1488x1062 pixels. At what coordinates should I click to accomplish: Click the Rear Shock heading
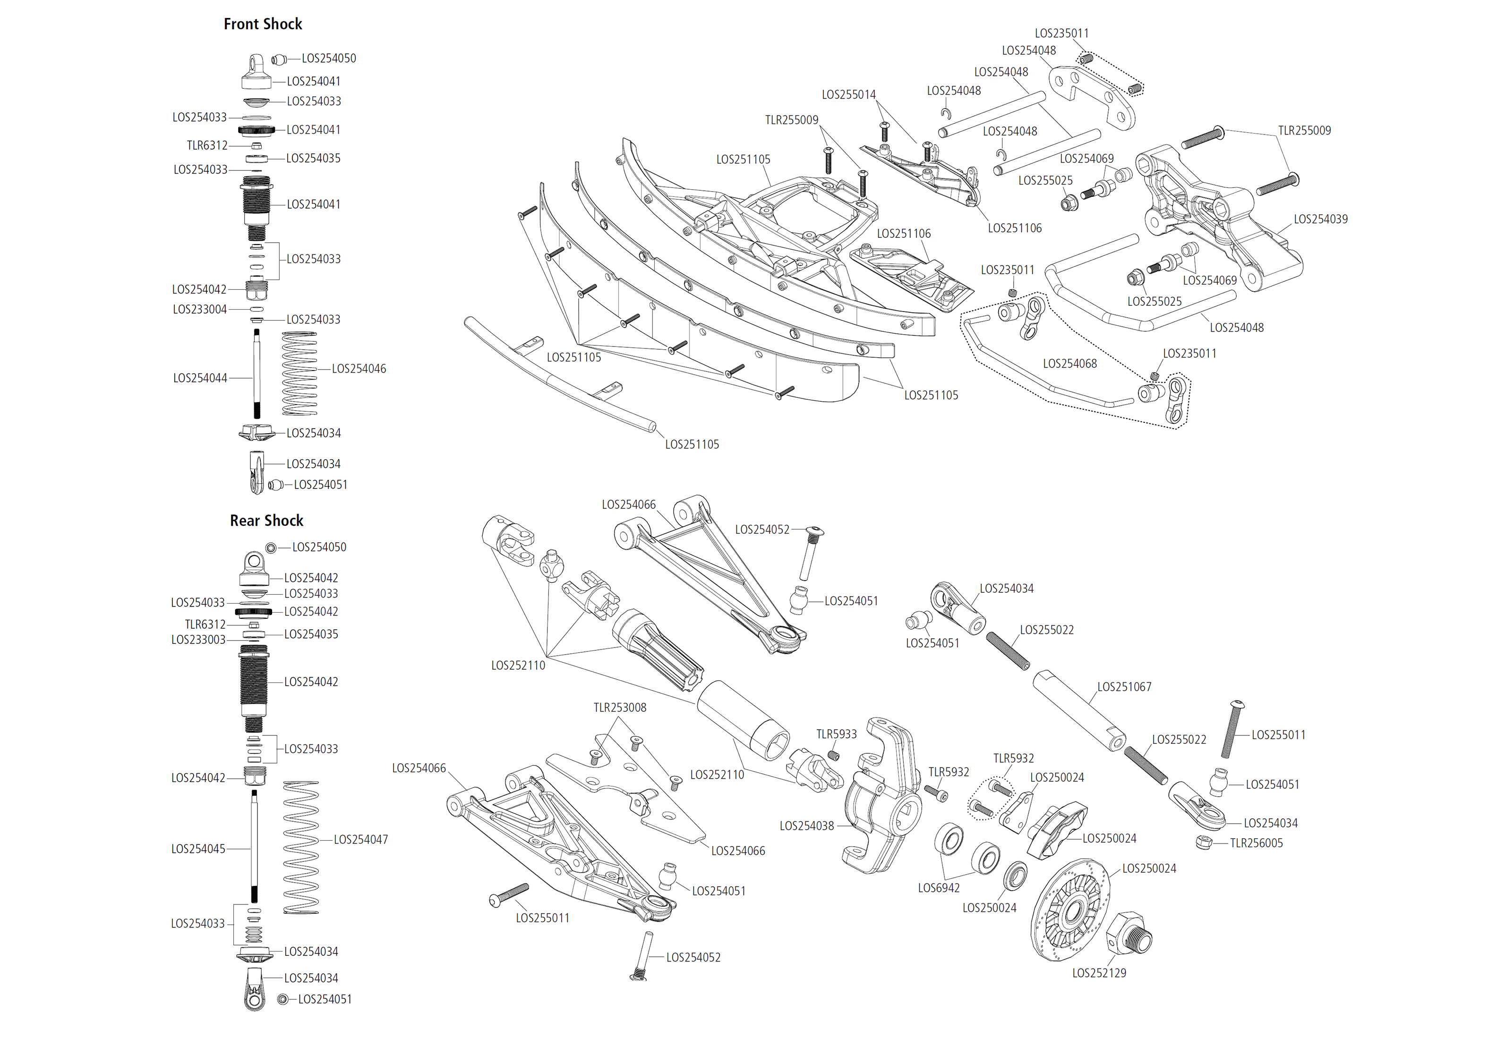point(266,521)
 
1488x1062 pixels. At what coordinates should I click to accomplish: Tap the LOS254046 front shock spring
point(299,373)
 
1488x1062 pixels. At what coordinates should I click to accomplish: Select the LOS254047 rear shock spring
point(301,847)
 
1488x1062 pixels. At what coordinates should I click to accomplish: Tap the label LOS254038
point(806,826)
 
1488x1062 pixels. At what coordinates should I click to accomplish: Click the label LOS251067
point(1124,687)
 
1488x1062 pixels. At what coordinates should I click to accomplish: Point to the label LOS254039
point(1320,219)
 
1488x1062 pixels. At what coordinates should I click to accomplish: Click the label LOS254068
point(1069,363)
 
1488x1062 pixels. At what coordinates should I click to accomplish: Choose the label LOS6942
point(938,888)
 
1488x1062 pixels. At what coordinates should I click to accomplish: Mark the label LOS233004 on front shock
point(199,309)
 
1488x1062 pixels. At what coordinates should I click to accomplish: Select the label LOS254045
point(197,849)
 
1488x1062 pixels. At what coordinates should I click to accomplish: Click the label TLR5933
point(836,734)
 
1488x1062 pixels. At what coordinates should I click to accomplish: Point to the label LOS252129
point(1099,973)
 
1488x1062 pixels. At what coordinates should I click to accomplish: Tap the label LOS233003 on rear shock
point(197,640)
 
